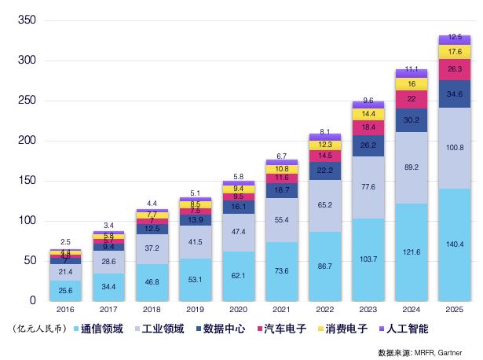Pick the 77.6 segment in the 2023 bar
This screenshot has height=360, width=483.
[368, 187]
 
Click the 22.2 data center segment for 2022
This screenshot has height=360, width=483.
[324, 170]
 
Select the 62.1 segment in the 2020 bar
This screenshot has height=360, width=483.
[238, 276]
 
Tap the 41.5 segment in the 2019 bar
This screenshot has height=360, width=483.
[195, 241]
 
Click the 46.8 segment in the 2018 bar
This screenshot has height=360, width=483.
[152, 281]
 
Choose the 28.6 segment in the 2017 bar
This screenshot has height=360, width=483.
[108, 261]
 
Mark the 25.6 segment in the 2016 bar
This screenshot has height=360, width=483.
[65, 291]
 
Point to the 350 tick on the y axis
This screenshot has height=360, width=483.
[26, 20]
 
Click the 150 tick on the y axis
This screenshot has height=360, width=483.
[26, 181]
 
